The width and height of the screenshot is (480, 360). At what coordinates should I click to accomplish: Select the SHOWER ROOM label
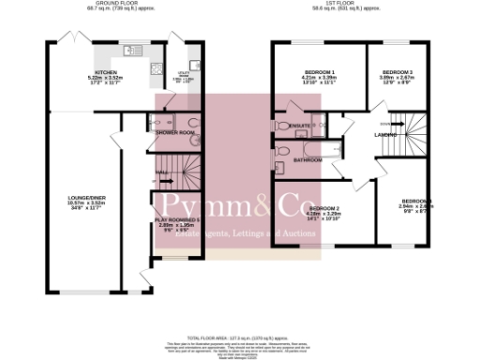pyautogui.click(x=173, y=132)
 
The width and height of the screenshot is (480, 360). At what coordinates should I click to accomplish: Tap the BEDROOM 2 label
pyautogui.click(x=323, y=207)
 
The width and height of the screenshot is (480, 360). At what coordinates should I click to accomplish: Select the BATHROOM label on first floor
pyautogui.click(x=306, y=159)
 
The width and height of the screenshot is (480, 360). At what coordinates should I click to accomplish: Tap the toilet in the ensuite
pyautogui.click(x=282, y=126)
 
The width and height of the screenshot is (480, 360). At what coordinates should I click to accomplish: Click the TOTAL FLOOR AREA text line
pyautogui.click(x=239, y=335)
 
